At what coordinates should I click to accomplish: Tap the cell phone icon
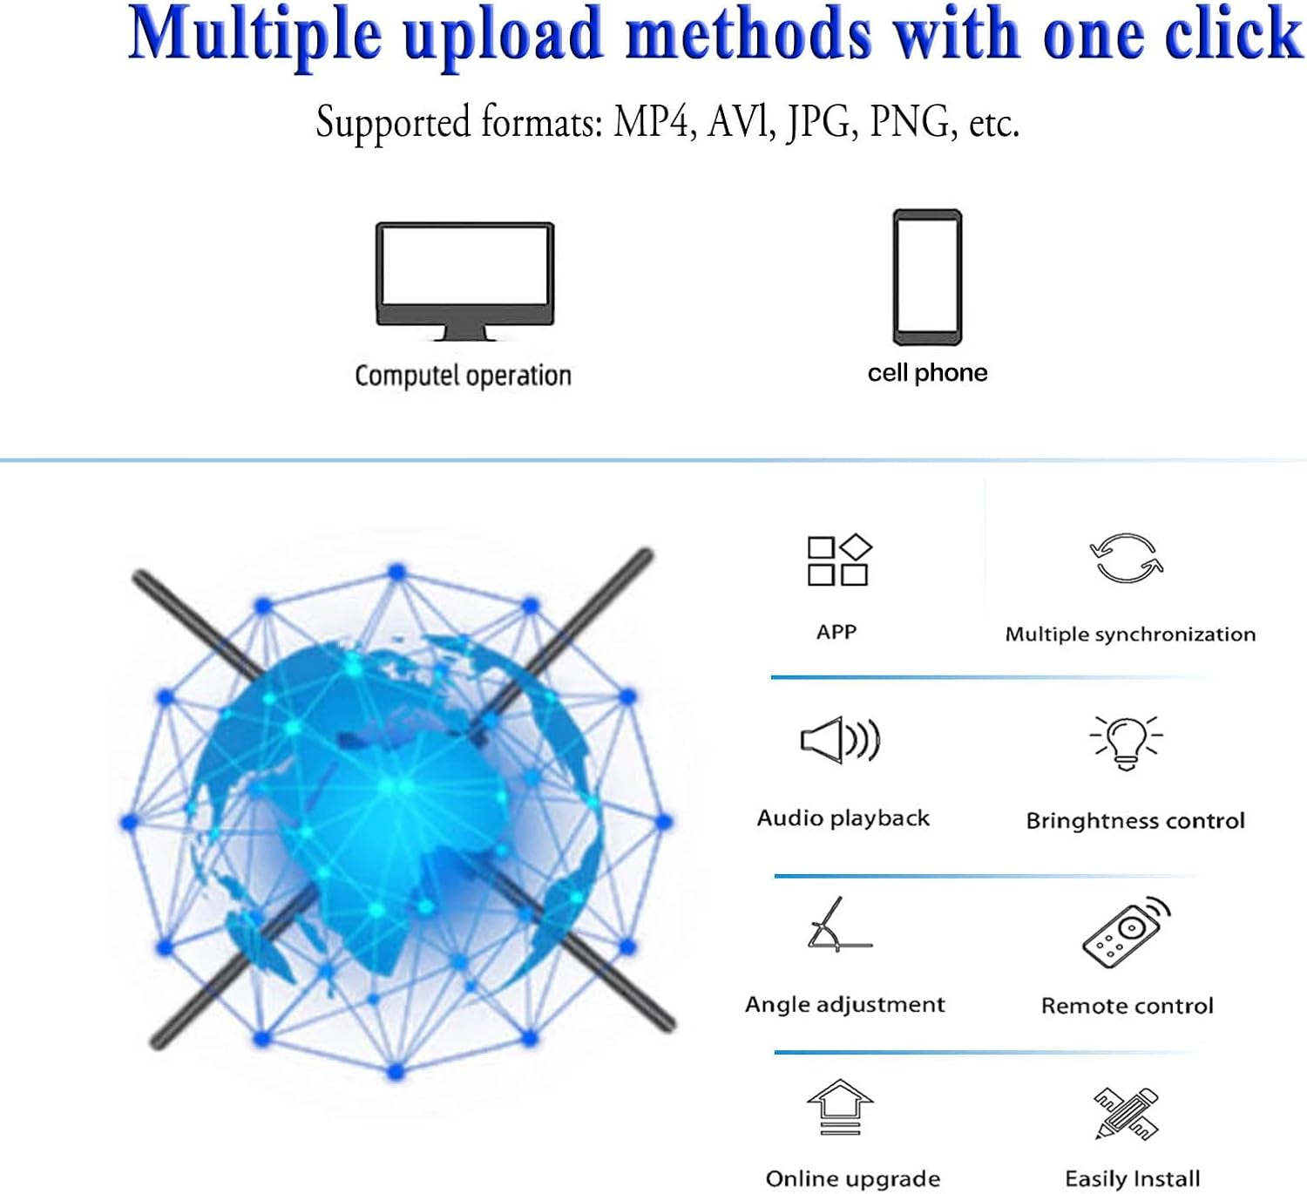click(927, 277)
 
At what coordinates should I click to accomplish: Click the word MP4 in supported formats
click(652, 122)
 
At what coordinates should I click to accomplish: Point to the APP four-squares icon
click(838, 560)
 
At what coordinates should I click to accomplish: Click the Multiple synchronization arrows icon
click(1127, 558)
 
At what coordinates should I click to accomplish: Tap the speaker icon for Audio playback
click(840, 740)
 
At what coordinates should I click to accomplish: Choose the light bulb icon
click(1126, 742)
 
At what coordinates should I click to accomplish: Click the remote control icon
click(1126, 931)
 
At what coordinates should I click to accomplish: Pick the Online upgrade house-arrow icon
click(839, 1107)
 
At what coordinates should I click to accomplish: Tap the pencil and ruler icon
click(1126, 1113)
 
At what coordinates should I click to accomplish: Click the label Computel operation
click(463, 376)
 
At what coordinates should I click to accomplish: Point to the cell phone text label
click(927, 373)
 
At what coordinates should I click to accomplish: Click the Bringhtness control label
click(1134, 821)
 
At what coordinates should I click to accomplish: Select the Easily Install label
click(1132, 1179)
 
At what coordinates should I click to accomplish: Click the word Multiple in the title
click(255, 35)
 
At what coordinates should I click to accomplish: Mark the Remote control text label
click(1127, 1006)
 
